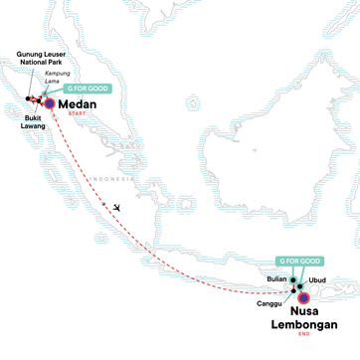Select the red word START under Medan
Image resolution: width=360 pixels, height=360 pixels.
point(77,114)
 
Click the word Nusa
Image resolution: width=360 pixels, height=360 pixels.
point(318,281)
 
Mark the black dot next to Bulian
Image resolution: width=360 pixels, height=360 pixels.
point(293,254)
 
